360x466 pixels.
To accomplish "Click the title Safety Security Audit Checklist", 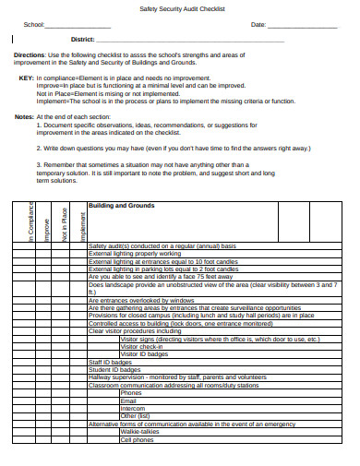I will pos(179,8).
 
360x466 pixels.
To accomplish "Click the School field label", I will pos(33,25).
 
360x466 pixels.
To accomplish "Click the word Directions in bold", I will pos(30,55).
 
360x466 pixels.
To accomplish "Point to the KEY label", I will pos(26,78).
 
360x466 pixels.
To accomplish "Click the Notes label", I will pos(24,116).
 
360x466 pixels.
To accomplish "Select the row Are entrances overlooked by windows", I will pos(143,300).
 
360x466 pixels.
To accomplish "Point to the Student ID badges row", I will pos(112,370).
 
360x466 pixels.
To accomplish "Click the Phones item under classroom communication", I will pos(131,393).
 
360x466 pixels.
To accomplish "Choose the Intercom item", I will pos(133,408).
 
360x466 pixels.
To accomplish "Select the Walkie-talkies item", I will pos(138,431).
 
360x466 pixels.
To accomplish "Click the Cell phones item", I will pos(138,439).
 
